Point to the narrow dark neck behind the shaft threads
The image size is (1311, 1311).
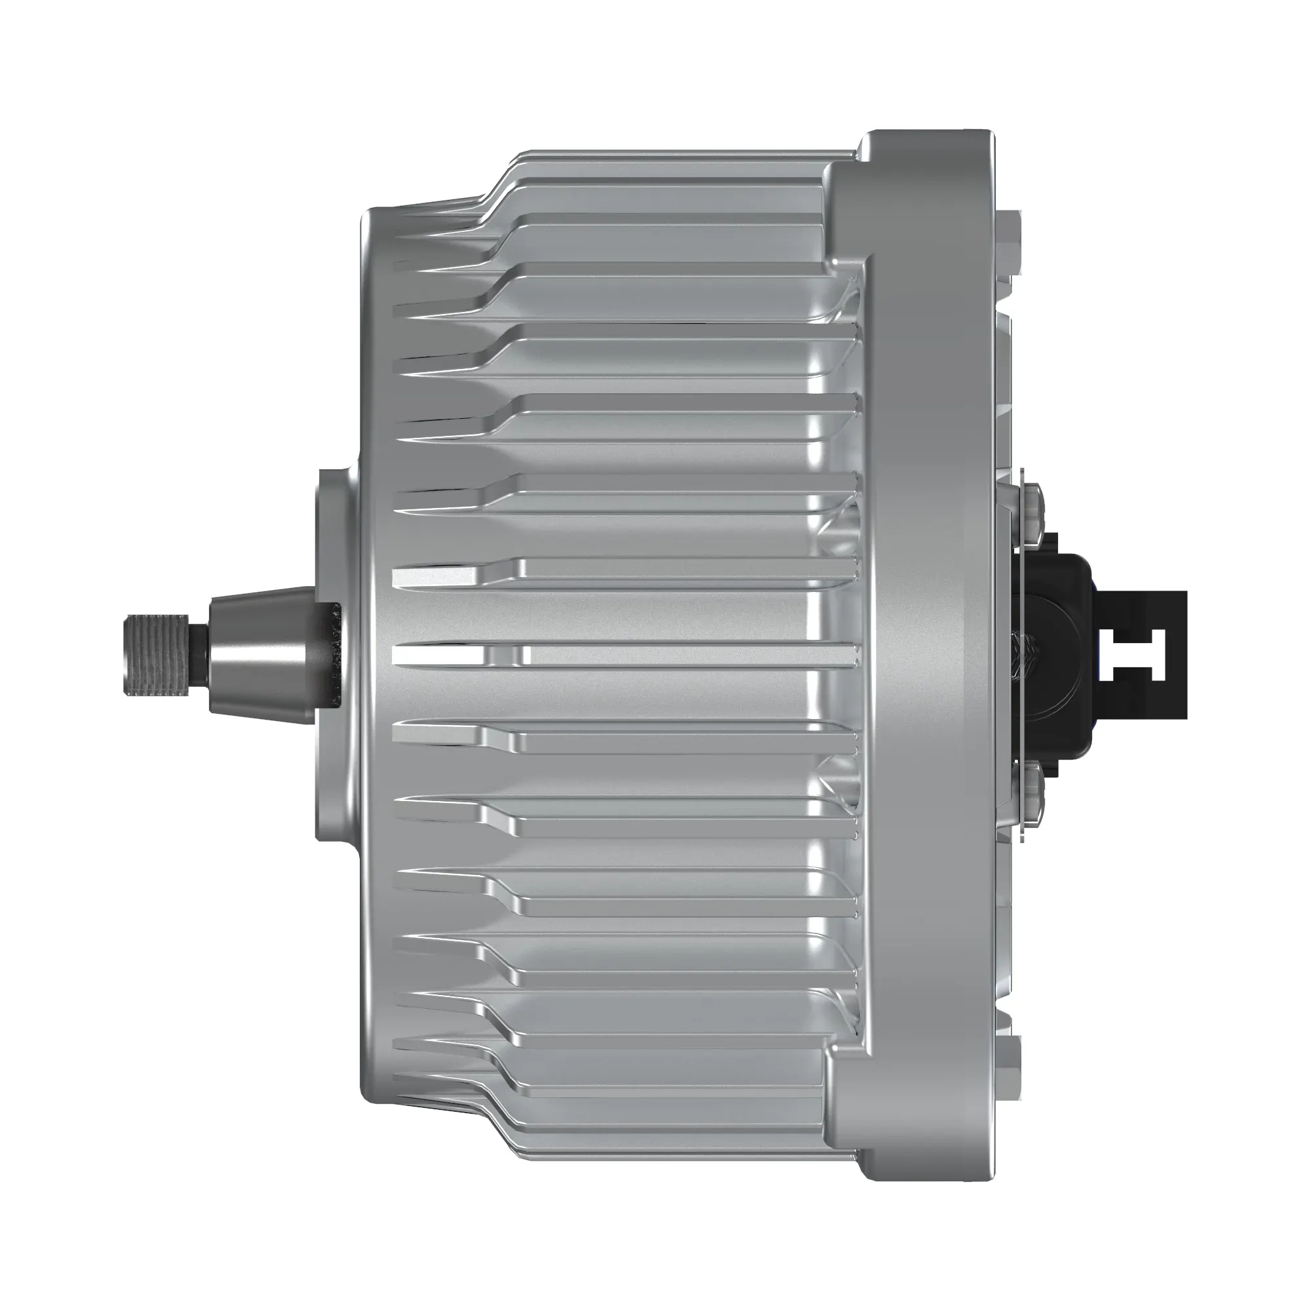pyautogui.click(x=201, y=654)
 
